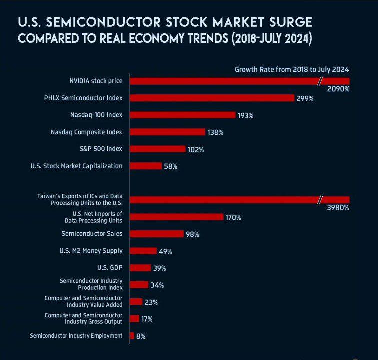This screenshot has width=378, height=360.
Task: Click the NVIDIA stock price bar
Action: pyautogui.click(x=225, y=81)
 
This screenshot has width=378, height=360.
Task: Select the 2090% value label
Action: pyautogui.click(x=338, y=89)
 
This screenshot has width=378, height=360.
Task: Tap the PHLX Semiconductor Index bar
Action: pyautogui.click(x=212, y=98)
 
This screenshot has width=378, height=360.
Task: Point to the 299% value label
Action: pyautogui.click(x=305, y=99)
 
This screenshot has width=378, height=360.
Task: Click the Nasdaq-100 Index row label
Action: pyautogui.click(x=96, y=115)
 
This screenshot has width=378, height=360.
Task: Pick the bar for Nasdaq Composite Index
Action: pyautogui.click(x=168, y=132)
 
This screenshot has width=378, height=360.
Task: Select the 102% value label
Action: pyautogui.click(x=195, y=149)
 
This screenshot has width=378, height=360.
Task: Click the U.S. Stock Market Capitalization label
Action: pyautogui.click(x=76, y=166)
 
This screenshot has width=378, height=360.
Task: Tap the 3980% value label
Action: pyautogui.click(x=338, y=208)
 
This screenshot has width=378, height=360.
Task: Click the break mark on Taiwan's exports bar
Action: pyautogui.click(x=320, y=200)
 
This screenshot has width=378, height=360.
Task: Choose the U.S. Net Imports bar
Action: pyautogui.click(x=177, y=217)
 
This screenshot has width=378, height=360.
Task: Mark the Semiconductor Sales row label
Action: pyautogui.click(x=92, y=233)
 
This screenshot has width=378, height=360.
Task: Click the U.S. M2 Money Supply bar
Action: pyautogui.click(x=144, y=251)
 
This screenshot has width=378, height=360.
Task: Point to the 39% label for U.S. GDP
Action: pyautogui.click(x=159, y=268)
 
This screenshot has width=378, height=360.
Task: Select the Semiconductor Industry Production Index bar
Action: pyautogui.click(x=139, y=285)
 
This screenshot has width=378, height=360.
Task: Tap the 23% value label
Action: pyautogui.click(x=151, y=302)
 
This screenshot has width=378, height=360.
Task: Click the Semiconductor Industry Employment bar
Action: pyautogui.click(x=132, y=336)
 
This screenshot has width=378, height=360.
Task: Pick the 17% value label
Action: pyautogui.click(x=147, y=319)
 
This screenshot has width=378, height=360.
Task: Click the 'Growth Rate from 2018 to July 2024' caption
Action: pyautogui.click(x=292, y=69)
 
